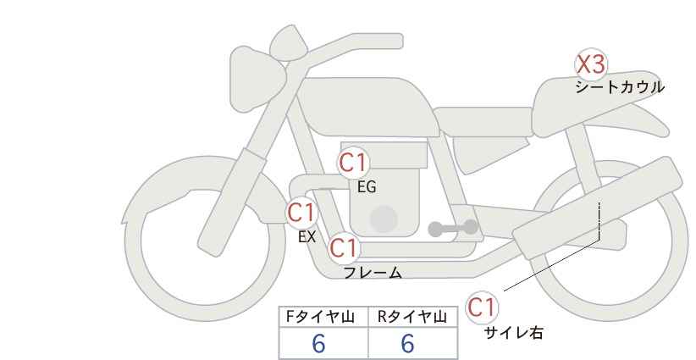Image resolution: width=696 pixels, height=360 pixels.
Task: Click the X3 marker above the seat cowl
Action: click(591, 64)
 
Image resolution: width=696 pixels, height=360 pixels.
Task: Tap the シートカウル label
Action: click(620, 86)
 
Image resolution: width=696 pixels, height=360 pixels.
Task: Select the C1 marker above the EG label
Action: click(353, 163)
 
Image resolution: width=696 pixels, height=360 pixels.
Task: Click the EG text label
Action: click(367, 187)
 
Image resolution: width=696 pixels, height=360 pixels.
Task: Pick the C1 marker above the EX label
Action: click(301, 212)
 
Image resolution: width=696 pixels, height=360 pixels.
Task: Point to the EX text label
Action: click(307, 237)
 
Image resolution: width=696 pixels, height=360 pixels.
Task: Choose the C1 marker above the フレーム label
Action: click(344, 247)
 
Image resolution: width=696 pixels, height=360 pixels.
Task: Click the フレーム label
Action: click(373, 272)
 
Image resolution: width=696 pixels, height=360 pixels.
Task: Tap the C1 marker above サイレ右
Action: click(482, 307)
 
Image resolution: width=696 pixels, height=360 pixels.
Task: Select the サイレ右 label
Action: click(513, 333)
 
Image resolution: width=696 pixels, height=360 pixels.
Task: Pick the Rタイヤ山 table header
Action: click(412, 317)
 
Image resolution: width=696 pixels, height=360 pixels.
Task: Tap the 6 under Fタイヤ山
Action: click(318, 344)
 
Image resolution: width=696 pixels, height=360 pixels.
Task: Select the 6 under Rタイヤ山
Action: click(407, 344)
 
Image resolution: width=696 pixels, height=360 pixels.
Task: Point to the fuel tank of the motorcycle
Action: click(366, 107)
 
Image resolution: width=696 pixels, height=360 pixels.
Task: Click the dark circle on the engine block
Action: click(384, 219)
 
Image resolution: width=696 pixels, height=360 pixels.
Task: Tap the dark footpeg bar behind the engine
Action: click(453, 228)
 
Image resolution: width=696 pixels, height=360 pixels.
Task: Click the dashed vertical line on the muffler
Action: click(599, 220)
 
